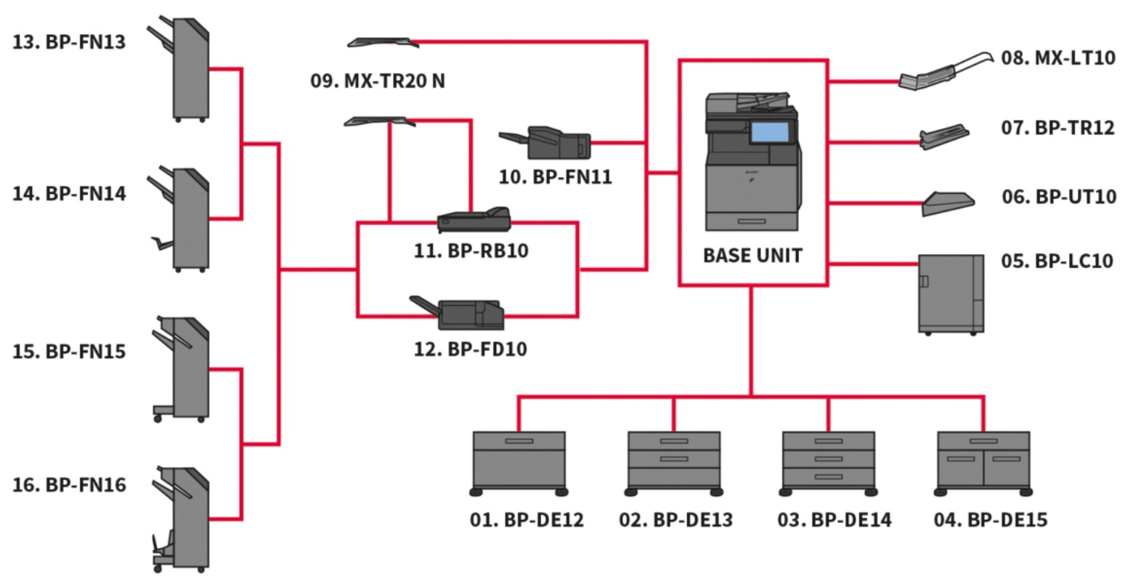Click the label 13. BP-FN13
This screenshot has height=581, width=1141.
click(x=69, y=42)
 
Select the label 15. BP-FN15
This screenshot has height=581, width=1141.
click(x=69, y=352)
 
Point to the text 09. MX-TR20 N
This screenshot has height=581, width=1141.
click(x=378, y=81)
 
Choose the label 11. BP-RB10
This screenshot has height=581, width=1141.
click(x=471, y=251)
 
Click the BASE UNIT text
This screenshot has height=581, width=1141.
click(x=752, y=256)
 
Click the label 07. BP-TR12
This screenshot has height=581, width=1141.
click(x=1057, y=128)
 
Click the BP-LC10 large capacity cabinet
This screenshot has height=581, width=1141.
click(x=951, y=293)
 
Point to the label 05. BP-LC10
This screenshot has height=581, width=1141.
click(x=1057, y=261)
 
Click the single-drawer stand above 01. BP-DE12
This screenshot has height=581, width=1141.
click(x=519, y=462)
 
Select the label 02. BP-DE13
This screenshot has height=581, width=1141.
click(x=675, y=520)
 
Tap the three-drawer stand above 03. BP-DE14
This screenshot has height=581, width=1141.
click(x=828, y=462)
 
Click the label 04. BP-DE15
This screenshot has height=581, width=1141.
click(x=991, y=520)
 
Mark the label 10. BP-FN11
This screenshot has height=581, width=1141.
click(x=556, y=176)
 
